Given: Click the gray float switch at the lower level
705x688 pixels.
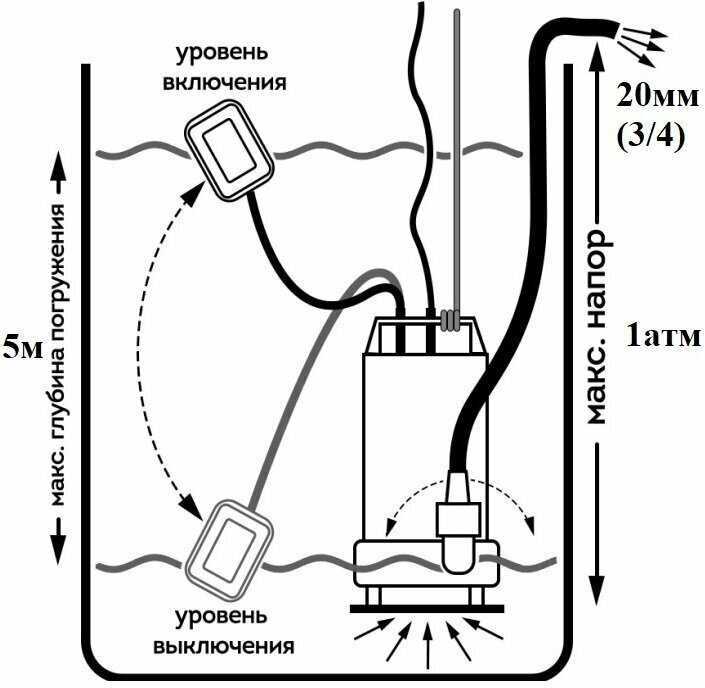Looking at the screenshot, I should [232, 546].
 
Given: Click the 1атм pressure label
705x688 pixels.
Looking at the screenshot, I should [663, 336].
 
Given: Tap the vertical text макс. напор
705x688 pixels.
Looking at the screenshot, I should [596, 325].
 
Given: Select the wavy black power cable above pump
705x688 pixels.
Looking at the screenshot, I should [420, 150].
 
